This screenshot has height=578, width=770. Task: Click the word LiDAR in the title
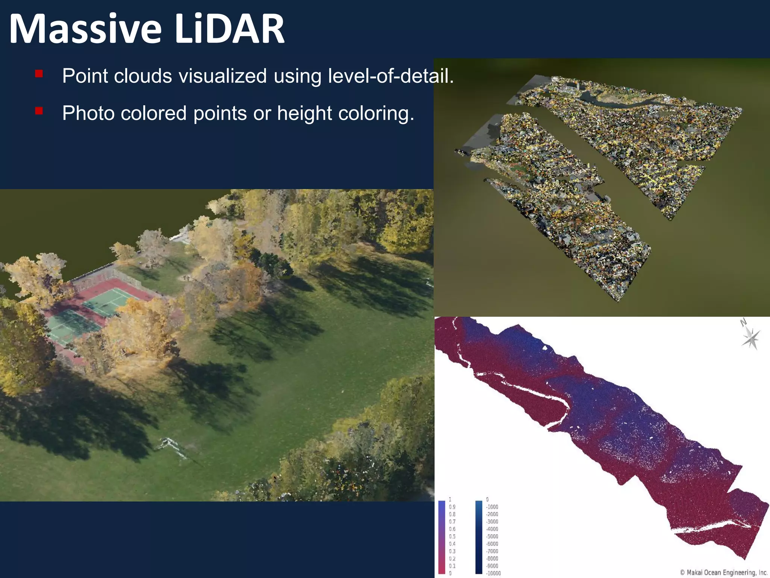point(230,29)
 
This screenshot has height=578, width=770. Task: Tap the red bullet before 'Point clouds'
point(39,73)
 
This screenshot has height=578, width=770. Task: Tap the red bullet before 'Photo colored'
point(39,111)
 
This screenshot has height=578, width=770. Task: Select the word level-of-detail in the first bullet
point(391,76)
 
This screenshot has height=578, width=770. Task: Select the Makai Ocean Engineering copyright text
point(723,572)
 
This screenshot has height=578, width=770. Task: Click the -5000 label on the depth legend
point(492,536)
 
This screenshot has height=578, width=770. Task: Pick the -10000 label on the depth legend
point(493,573)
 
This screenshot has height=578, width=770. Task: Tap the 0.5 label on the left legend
point(452,536)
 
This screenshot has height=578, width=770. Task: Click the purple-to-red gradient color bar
point(441,536)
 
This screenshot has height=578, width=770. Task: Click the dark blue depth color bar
point(479,536)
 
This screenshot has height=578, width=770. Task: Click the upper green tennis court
point(109,301)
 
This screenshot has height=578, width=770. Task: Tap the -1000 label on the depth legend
point(492,507)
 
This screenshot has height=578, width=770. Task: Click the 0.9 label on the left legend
point(452,507)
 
